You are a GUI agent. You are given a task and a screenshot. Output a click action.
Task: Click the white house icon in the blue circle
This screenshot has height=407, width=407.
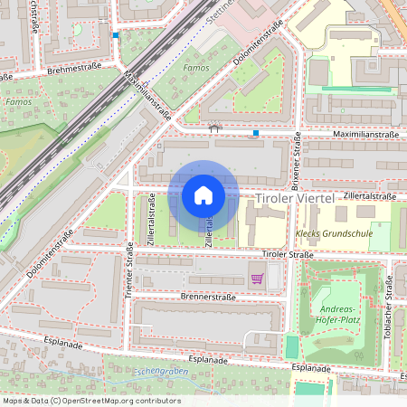203,195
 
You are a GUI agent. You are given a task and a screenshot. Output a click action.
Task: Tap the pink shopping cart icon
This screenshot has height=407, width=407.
257,279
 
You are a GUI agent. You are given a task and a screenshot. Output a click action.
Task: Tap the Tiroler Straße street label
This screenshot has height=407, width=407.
287,256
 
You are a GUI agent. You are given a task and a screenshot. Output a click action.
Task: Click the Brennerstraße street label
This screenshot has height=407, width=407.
207,296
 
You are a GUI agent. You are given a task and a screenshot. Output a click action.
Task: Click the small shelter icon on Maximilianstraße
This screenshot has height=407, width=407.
214,128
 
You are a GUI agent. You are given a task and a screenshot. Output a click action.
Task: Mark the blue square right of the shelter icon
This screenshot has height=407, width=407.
256,134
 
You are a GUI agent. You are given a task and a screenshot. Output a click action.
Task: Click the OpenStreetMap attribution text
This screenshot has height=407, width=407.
91,401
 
